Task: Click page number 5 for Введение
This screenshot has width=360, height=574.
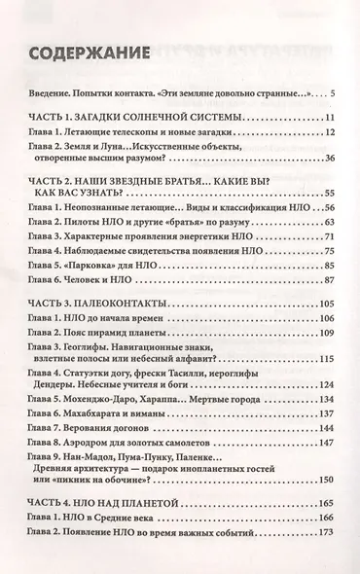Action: tap(332, 93)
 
